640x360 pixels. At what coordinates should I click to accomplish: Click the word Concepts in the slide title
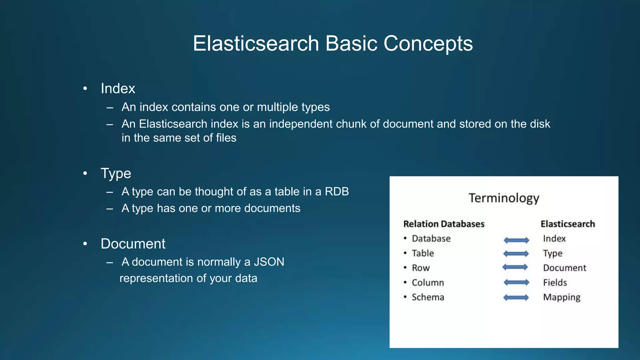coord(428,43)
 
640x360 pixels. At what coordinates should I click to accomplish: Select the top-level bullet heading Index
coord(118,88)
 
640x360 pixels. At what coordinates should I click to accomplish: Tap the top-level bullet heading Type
coord(116,173)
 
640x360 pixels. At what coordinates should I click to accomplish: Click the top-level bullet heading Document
coord(133,244)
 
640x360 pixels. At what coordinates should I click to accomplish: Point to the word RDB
coord(337,192)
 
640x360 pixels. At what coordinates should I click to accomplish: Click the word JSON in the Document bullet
coord(269,262)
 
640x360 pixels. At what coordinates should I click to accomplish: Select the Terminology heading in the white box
coord(504,198)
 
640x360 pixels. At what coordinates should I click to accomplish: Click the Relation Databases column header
coord(444,224)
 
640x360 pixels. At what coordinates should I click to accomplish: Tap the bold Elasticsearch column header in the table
coord(567,224)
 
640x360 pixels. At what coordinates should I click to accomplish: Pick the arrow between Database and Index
coord(516,240)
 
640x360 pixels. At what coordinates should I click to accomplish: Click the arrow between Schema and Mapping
coord(516,297)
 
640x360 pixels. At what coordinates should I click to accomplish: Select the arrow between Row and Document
coord(515,267)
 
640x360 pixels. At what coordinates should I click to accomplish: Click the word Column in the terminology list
coord(427,282)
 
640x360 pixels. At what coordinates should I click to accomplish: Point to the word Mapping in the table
coord(562,297)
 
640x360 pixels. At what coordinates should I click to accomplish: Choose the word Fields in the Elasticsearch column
coord(555,282)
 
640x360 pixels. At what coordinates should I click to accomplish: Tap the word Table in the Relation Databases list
coord(422,253)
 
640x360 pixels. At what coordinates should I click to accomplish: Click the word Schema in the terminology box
coord(427,297)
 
